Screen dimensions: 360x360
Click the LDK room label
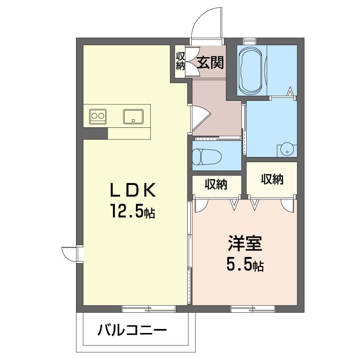[133, 190]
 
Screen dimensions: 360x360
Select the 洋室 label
[245, 243]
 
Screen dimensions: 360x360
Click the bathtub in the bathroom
[250, 71]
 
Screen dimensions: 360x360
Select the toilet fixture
[207, 157]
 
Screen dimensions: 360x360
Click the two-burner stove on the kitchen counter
[98, 117]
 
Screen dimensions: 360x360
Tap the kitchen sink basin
[133, 117]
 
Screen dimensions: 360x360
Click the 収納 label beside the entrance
[180, 61]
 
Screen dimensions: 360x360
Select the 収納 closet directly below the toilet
[216, 185]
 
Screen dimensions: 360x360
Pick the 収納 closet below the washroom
[272, 179]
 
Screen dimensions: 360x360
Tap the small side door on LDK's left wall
[69, 254]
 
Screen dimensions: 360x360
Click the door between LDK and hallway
[200, 119]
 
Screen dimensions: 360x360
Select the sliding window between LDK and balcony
[148, 309]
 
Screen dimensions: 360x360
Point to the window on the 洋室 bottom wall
[253, 309]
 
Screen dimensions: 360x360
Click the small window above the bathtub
[250, 41]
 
